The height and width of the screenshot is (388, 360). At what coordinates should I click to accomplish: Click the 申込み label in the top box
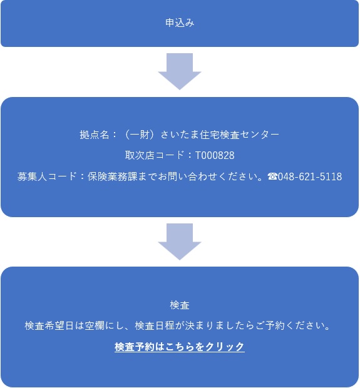tap(180, 23)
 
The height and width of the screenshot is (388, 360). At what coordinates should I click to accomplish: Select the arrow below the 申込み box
tap(180, 71)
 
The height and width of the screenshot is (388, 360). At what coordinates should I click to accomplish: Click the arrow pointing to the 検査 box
tap(180, 242)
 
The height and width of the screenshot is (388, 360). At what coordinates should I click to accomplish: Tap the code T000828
tap(215, 155)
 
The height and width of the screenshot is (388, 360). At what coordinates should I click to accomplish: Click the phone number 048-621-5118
tap(310, 176)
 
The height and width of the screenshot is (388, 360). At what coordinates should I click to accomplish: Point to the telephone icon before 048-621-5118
tap(272, 176)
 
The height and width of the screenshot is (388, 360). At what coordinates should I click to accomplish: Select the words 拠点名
tap(95, 135)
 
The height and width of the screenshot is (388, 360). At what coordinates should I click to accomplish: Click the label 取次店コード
tap(155, 155)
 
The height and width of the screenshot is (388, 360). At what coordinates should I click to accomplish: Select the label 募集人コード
tap(47, 176)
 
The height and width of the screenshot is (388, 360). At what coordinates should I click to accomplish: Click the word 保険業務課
tap(112, 176)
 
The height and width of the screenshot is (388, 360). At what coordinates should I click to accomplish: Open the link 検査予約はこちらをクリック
tap(180, 347)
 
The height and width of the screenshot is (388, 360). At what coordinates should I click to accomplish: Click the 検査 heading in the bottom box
tap(180, 305)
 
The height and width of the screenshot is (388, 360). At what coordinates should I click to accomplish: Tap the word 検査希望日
tap(49, 325)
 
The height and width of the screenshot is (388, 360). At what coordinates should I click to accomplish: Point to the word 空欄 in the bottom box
tap(95, 325)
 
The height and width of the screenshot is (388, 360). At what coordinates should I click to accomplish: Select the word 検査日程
tap(155, 325)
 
